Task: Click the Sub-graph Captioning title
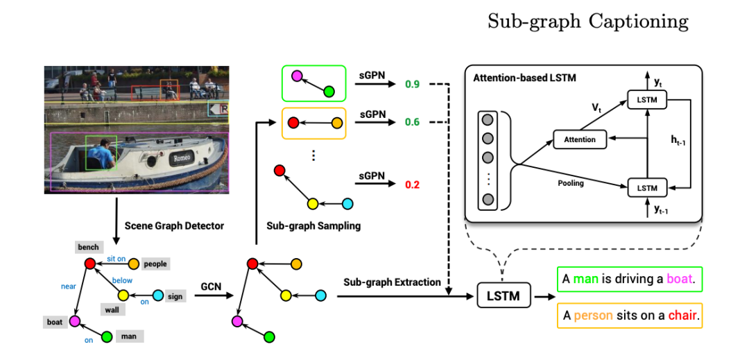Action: pos(588,22)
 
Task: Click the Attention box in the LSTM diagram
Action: pos(580,139)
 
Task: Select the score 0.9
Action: pos(413,85)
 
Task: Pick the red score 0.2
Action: pos(413,185)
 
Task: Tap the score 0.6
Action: pos(413,122)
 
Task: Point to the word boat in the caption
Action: pos(680,280)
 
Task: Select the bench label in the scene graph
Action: pos(89,247)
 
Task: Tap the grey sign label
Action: pos(175,296)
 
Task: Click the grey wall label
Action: pos(112,309)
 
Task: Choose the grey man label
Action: pos(130,336)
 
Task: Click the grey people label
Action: pos(155,264)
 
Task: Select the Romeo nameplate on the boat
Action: pos(182,158)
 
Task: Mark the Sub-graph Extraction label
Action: pos(392,282)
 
